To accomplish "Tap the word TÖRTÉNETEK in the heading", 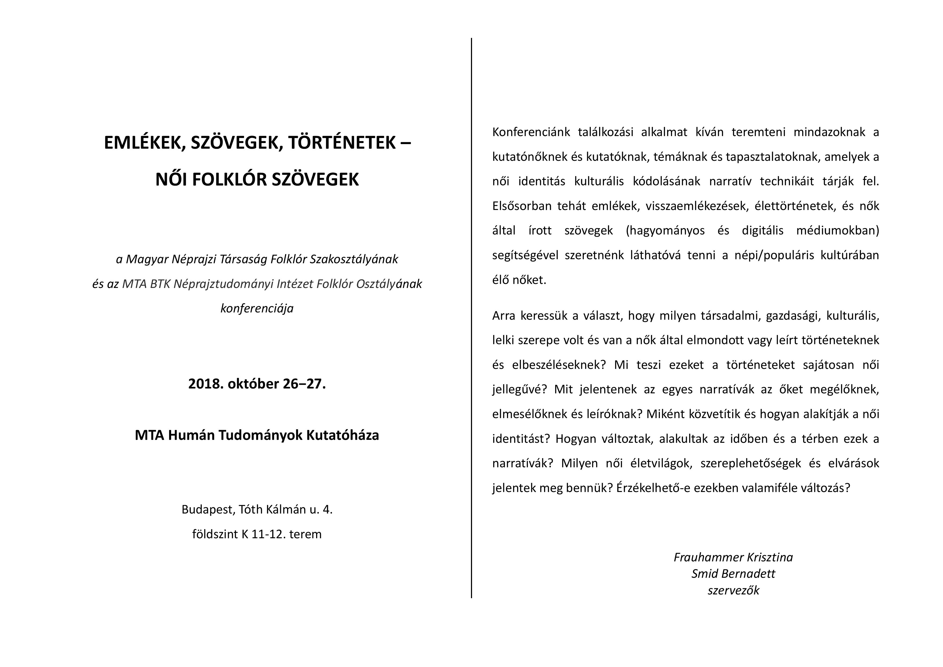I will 341,143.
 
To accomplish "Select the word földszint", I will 215,534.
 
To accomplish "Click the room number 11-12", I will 269,534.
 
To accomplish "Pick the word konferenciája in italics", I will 257,308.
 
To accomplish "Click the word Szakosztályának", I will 354,259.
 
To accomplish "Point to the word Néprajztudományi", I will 223,284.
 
